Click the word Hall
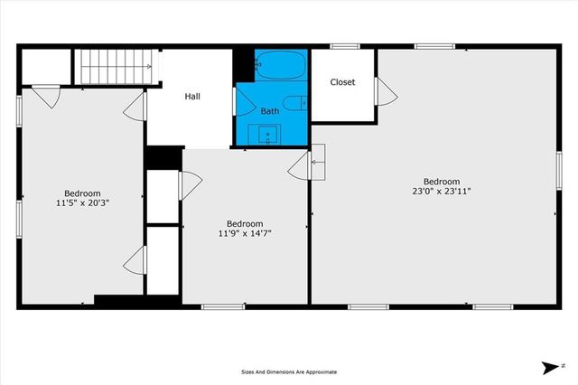[192, 96]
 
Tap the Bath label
[270, 111]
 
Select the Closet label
[342, 82]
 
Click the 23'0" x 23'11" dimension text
[435, 191]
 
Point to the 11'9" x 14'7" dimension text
[245, 233]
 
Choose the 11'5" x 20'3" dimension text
[82, 202]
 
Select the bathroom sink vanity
[267, 135]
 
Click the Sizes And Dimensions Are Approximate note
[289, 371]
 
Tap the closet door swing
[385, 89]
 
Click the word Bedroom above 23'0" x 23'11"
[435, 180]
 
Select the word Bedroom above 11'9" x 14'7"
[245, 223]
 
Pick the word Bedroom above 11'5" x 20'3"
[82, 192]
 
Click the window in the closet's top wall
[343, 46]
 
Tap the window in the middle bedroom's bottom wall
[224, 306]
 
